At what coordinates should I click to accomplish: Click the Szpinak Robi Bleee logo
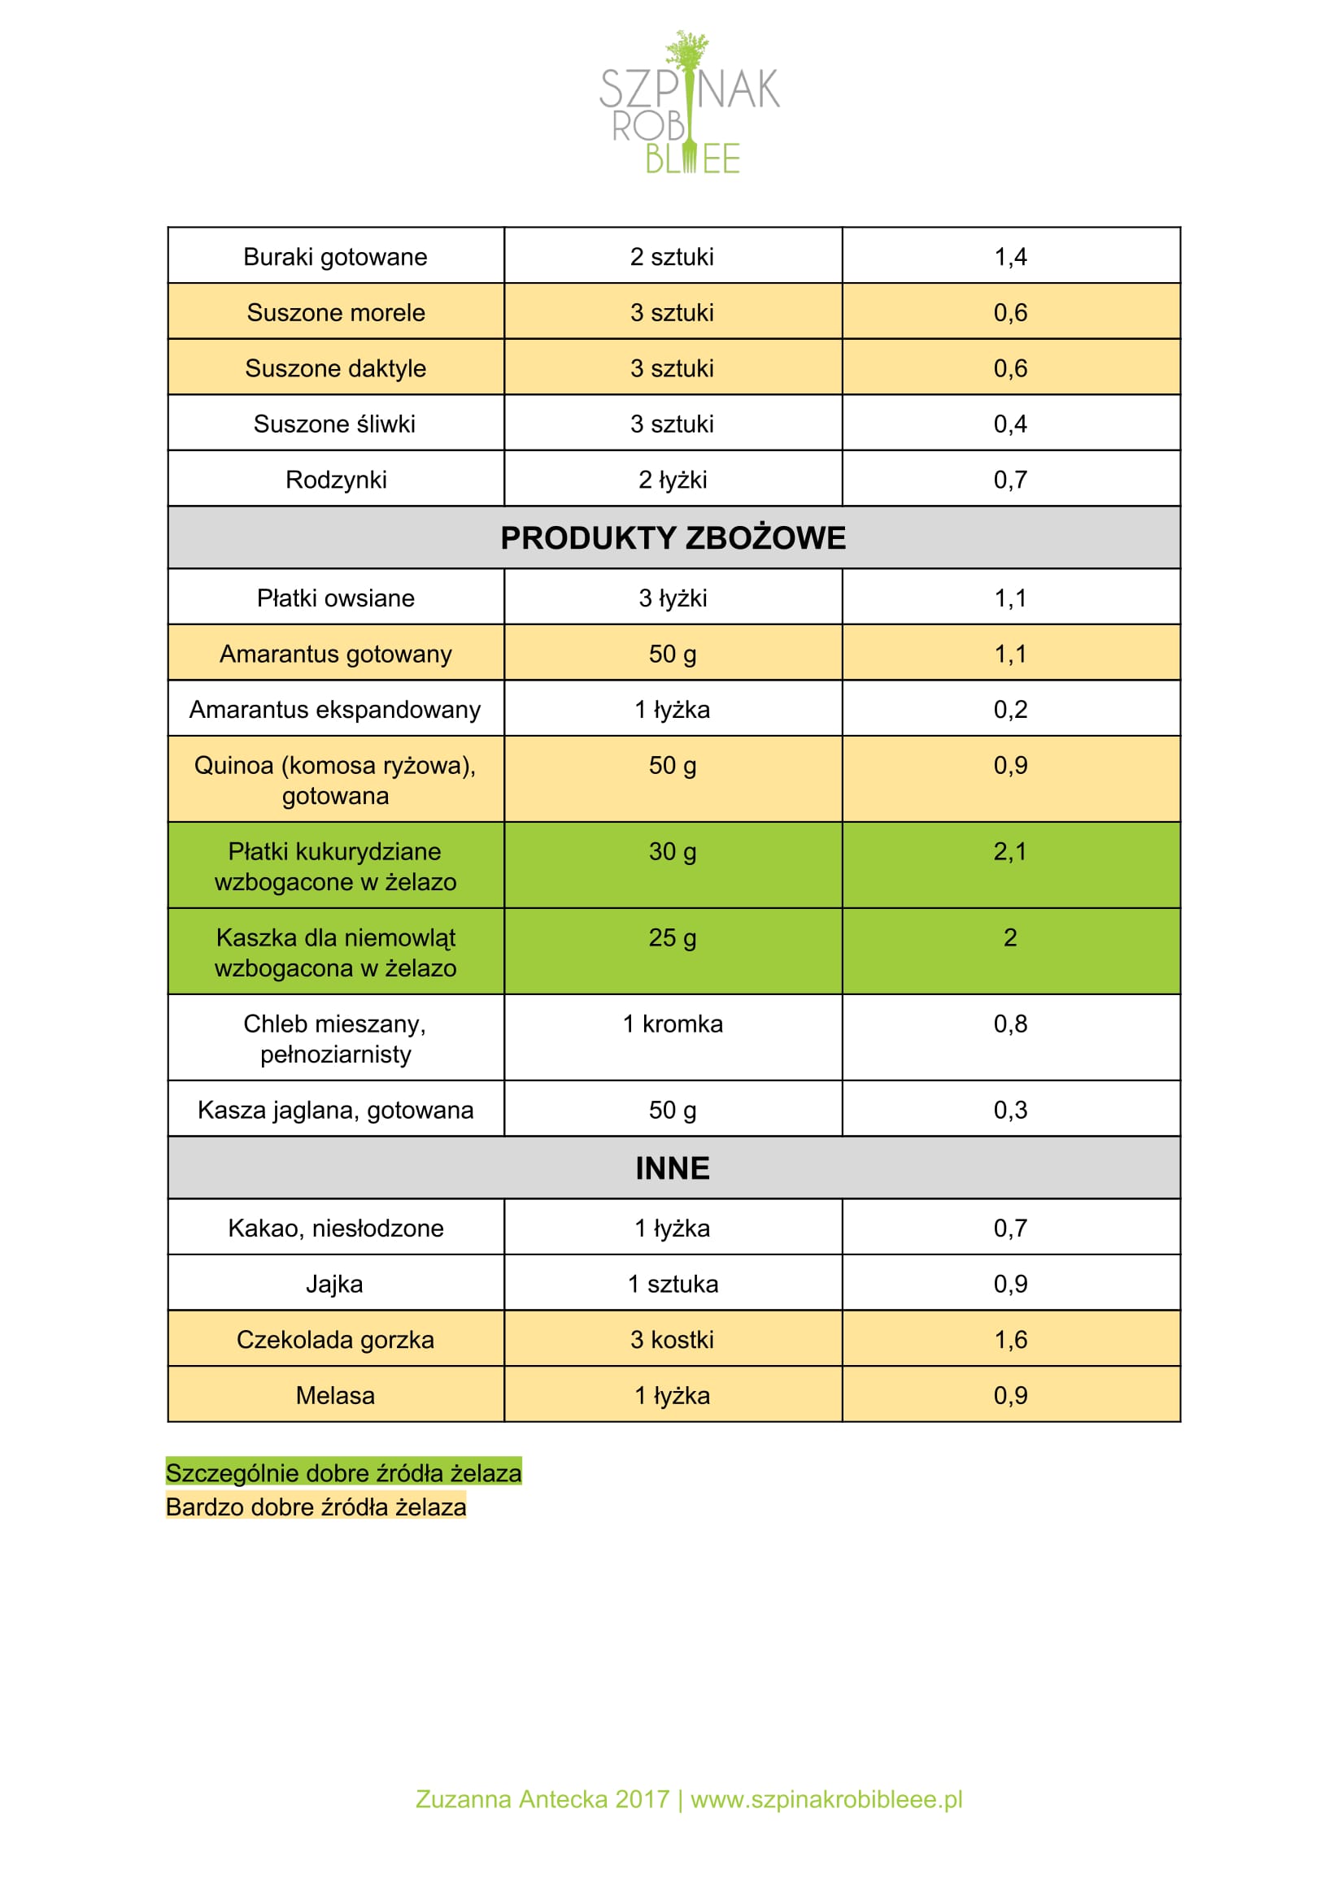pos(689,103)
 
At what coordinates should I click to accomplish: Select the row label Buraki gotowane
pos(335,258)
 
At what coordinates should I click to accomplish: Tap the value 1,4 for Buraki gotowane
pos(1010,258)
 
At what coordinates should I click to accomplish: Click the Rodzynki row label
pos(335,480)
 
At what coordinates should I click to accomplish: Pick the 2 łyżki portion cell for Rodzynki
pos(673,480)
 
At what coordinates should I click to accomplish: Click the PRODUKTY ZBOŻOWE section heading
pos(673,538)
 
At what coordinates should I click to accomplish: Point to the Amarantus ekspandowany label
pos(335,710)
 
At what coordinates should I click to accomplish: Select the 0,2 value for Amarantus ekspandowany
pos(1010,710)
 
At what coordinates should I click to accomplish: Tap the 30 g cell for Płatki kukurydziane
pos(673,851)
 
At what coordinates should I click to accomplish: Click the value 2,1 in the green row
pos(1010,851)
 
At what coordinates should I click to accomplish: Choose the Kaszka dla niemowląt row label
pos(335,953)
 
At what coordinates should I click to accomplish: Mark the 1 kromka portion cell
pos(673,1024)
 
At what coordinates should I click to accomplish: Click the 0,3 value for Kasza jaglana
pos(1010,1111)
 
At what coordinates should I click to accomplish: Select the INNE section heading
pos(673,1168)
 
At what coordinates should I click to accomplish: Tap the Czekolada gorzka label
pos(335,1340)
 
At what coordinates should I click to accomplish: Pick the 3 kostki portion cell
pos(673,1340)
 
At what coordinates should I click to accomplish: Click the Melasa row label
pos(335,1396)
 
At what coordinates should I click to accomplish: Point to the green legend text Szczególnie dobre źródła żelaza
pos(343,1473)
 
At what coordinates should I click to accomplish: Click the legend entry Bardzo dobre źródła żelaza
pos(316,1507)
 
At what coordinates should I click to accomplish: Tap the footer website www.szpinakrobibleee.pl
pos(826,1799)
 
